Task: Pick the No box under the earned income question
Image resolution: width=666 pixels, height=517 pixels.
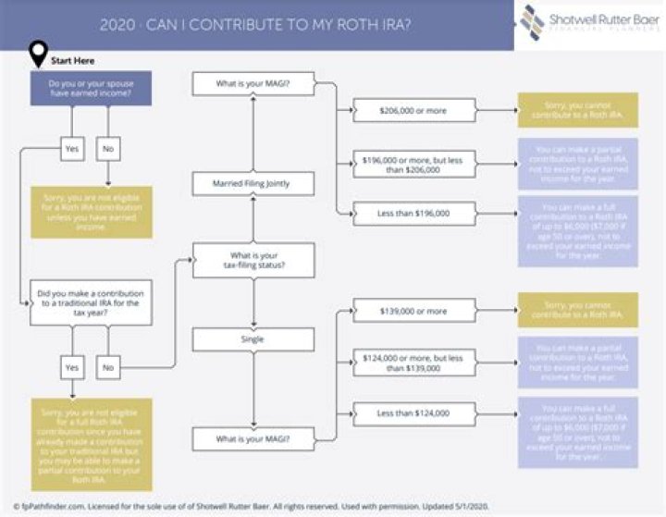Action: pos(107,147)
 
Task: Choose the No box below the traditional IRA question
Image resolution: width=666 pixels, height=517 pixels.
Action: pos(107,367)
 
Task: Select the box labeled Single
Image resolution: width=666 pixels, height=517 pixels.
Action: pos(253,339)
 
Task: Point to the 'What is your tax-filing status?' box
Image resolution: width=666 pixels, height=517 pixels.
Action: pos(253,261)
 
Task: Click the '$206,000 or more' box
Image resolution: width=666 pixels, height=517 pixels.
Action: pos(413,111)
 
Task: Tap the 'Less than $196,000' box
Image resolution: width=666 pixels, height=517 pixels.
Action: pos(413,214)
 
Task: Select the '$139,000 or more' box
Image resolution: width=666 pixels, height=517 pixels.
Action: pos(413,311)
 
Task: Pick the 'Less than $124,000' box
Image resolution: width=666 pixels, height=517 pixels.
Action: pos(413,412)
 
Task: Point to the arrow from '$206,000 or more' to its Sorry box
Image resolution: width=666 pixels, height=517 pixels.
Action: pos(495,111)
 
